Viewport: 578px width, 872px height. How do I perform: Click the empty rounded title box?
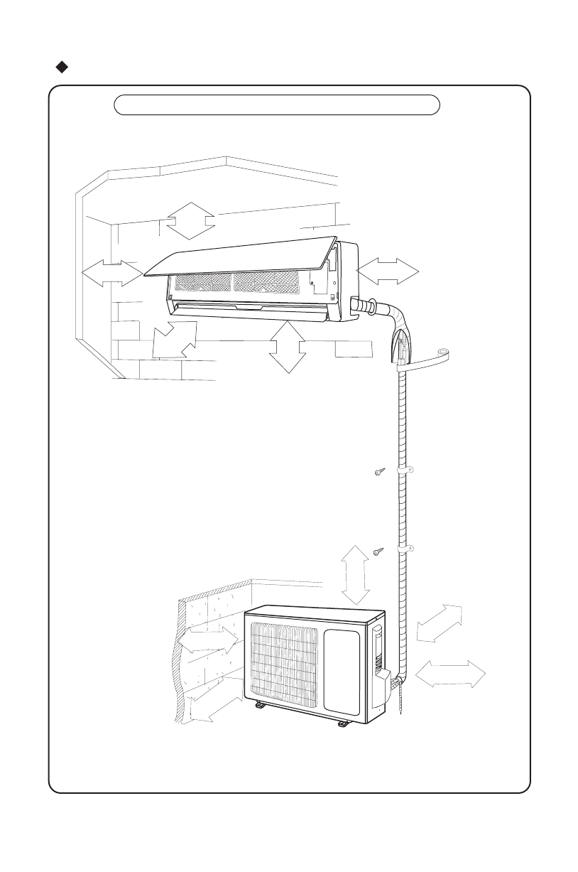click(277, 104)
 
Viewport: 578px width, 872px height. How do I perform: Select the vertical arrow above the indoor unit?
click(190, 220)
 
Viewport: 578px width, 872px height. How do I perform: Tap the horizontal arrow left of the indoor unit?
click(111, 273)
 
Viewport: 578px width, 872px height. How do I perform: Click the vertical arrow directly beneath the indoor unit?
click(287, 347)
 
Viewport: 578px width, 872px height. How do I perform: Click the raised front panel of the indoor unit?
click(241, 256)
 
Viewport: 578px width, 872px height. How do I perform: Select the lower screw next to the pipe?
click(379, 551)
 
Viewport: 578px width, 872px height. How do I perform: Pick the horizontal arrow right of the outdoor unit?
click(450, 673)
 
